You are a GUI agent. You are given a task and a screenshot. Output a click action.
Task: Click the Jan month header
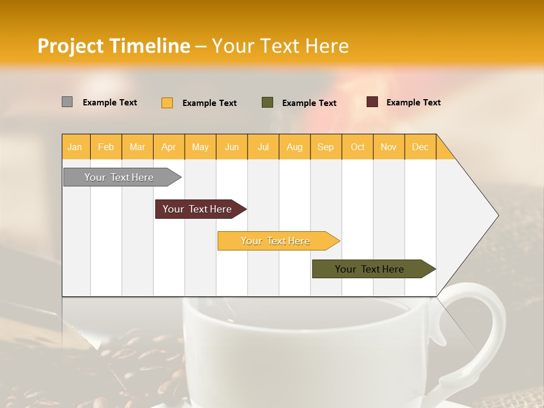[x=75, y=147]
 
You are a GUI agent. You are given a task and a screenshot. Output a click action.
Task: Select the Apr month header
[x=168, y=147]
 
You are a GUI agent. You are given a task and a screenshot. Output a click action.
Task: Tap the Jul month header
[x=263, y=147]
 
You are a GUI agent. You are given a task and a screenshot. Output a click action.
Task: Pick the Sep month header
[x=325, y=147]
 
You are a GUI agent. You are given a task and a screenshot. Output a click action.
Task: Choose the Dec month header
[x=420, y=147]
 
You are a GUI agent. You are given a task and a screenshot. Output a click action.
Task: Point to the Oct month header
[x=357, y=147]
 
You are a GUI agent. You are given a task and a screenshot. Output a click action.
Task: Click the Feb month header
[x=106, y=147]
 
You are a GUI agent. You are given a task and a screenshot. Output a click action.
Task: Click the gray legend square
[x=67, y=102]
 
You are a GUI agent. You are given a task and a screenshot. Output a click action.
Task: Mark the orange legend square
[x=167, y=103]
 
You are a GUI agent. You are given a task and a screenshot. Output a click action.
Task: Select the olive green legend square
[x=267, y=102]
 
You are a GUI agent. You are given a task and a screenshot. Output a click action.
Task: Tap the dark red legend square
[x=372, y=102]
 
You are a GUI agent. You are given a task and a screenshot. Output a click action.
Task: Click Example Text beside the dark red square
[x=413, y=103]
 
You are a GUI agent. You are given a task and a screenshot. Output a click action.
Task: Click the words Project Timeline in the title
[x=113, y=46]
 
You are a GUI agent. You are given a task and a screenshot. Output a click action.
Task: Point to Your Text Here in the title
[x=280, y=46]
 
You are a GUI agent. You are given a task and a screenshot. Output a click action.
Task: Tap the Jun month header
[x=232, y=147]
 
